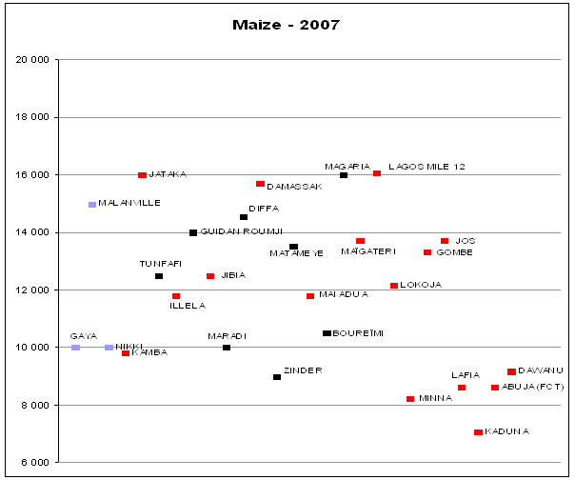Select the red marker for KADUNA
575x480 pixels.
pyautogui.click(x=478, y=432)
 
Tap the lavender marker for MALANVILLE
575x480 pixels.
pyautogui.click(x=92, y=205)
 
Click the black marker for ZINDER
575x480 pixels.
pyautogui.click(x=277, y=377)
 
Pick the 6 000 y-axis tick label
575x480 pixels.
pyautogui.click(x=36, y=462)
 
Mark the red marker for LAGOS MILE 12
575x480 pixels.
pyautogui.click(x=377, y=173)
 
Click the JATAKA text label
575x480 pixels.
pyautogui.click(x=168, y=174)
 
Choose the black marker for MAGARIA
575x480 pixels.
pyautogui.click(x=344, y=175)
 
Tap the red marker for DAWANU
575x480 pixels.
pyautogui.click(x=511, y=371)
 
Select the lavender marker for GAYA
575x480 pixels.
pyautogui.click(x=75, y=348)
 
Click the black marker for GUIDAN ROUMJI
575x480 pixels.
pyautogui.click(x=193, y=232)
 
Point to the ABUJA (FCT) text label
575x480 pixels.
pyautogui.click(x=533, y=387)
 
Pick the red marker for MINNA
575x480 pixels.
pyautogui.click(x=410, y=399)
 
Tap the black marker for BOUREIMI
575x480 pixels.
pyautogui.click(x=327, y=333)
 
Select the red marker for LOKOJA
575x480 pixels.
pyautogui.click(x=394, y=286)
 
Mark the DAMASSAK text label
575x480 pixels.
pyautogui.click(x=294, y=187)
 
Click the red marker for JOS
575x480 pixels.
pyautogui.click(x=445, y=241)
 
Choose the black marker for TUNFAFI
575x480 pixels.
pyautogui.click(x=159, y=276)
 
